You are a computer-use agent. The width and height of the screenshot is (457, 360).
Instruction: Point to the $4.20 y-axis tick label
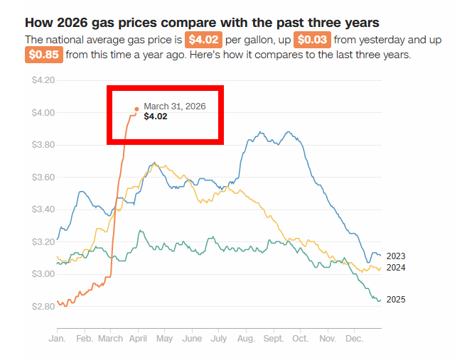(x=43, y=80)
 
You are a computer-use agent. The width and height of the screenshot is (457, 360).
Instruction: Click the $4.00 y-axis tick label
(x=43, y=112)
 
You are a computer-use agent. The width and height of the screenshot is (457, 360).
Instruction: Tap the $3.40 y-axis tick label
(x=43, y=209)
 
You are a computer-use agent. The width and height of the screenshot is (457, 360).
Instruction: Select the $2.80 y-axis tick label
(x=43, y=307)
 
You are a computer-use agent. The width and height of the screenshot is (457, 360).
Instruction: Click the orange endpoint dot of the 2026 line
(x=136, y=109)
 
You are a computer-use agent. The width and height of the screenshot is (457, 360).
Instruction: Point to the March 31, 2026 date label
(x=174, y=107)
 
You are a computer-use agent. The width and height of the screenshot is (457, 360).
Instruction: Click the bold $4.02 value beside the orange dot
(x=156, y=116)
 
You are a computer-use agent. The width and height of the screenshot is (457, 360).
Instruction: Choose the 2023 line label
(x=396, y=256)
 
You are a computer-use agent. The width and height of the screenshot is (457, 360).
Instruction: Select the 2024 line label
(x=396, y=268)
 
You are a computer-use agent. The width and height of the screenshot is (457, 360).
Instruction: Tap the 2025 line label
(x=396, y=300)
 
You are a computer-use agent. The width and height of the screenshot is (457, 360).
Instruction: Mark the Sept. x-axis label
(x=273, y=339)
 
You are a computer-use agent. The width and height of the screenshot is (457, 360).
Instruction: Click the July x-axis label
(x=219, y=339)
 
